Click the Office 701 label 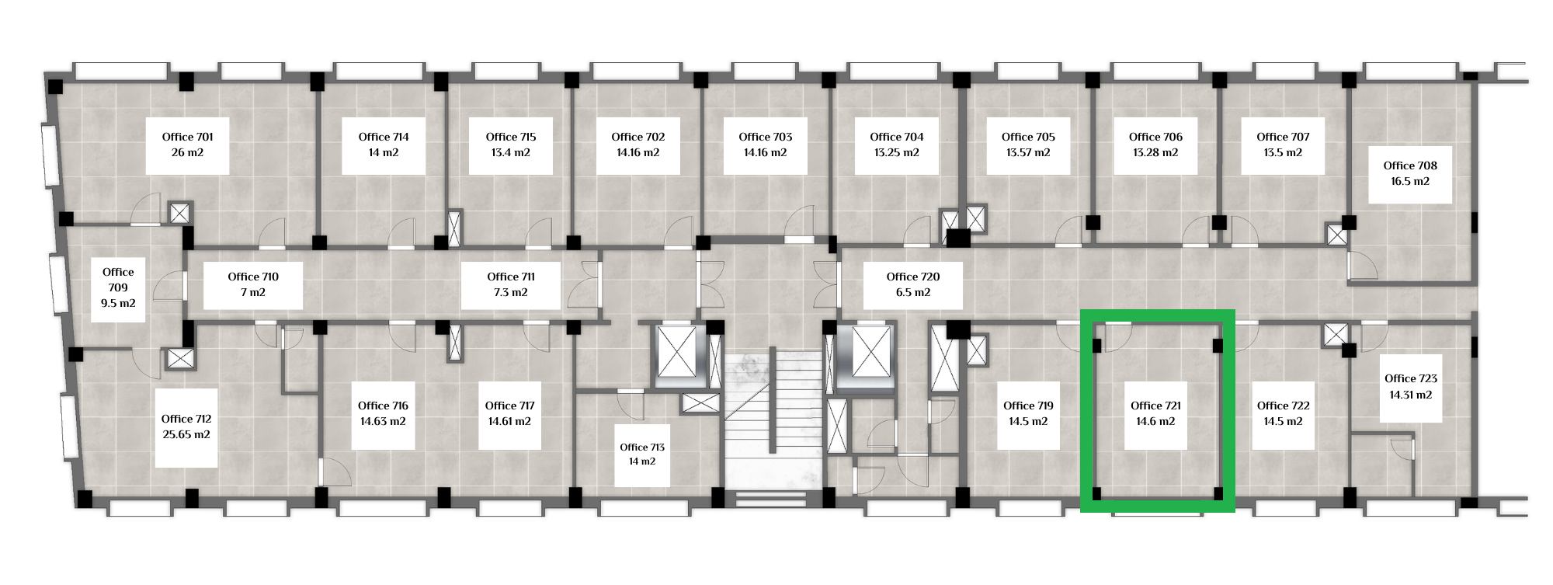pos(187,137)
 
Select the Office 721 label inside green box pos(1155,406)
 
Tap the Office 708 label pos(1410,165)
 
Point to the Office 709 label pos(118,280)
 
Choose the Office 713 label pos(642,447)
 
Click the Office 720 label pos(913,277)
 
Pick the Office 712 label pos(186,419)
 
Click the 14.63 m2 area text pos(383,421)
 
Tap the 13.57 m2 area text pos(1028,152)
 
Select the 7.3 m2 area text pos(511,292)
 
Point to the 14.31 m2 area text pos(1411,395)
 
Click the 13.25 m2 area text pos(897,152)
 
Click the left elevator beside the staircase pos(678,354)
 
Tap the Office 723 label pos(1411,378)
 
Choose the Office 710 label pos(253,277)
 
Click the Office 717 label pos(510,406)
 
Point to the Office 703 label pos(766,137)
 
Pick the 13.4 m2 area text pos(511,152)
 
